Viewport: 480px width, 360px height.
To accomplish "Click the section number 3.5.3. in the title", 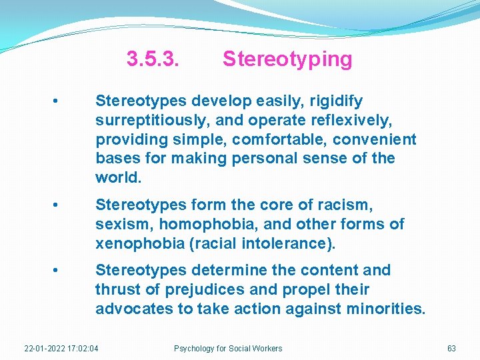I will [x=153, y=59].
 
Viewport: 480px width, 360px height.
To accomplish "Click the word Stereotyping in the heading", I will [x=287, y=59].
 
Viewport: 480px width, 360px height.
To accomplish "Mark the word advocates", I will [x=131, y=309].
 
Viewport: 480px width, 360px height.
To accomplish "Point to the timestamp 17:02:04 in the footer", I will [x=83, y=349].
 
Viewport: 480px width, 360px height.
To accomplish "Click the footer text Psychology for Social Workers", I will [x=228, y=349].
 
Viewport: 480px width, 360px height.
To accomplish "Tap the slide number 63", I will [x=451, y=349].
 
